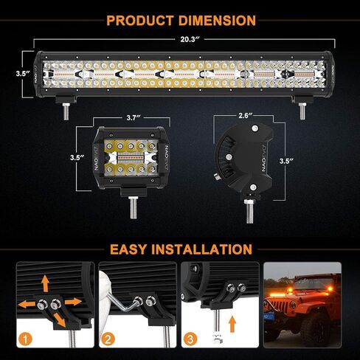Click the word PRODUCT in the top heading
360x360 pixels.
coord(142,20)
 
